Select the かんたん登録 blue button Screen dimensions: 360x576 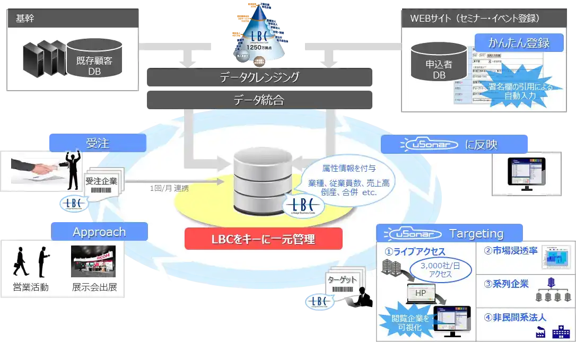[519, 42]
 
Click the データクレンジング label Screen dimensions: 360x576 [259, 77]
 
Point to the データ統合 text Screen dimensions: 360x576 [259, 99]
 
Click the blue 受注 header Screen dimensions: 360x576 [97, 143]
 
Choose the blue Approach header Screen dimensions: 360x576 [99, 232]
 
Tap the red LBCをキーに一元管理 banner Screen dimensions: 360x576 [263, 239]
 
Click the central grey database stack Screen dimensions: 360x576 [263, 180]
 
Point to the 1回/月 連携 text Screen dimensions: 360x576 [169, 188]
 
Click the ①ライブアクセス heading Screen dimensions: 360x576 [415, 252]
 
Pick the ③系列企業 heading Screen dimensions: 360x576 [507, 284]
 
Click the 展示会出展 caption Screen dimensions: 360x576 [94, 288]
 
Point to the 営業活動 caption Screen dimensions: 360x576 [31, 288]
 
